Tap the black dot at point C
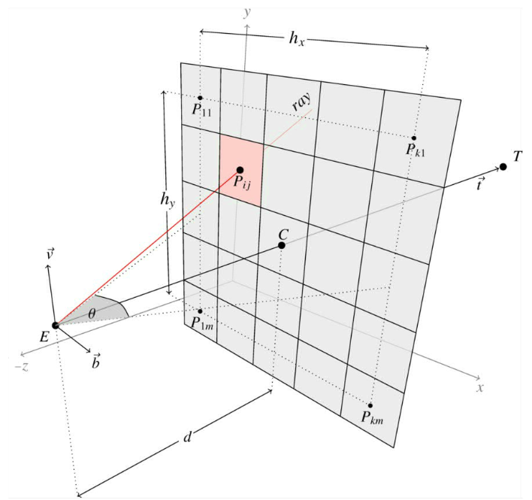coord(282,245)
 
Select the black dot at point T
coord(503,166)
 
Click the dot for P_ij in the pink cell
coord(240,170)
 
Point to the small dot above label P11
coord(200,98)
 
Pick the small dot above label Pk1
coord(414,138)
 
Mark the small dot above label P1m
coord(200,311)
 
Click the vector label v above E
coord(49,253)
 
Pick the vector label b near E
coord(96,362)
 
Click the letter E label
coord(44,338)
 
